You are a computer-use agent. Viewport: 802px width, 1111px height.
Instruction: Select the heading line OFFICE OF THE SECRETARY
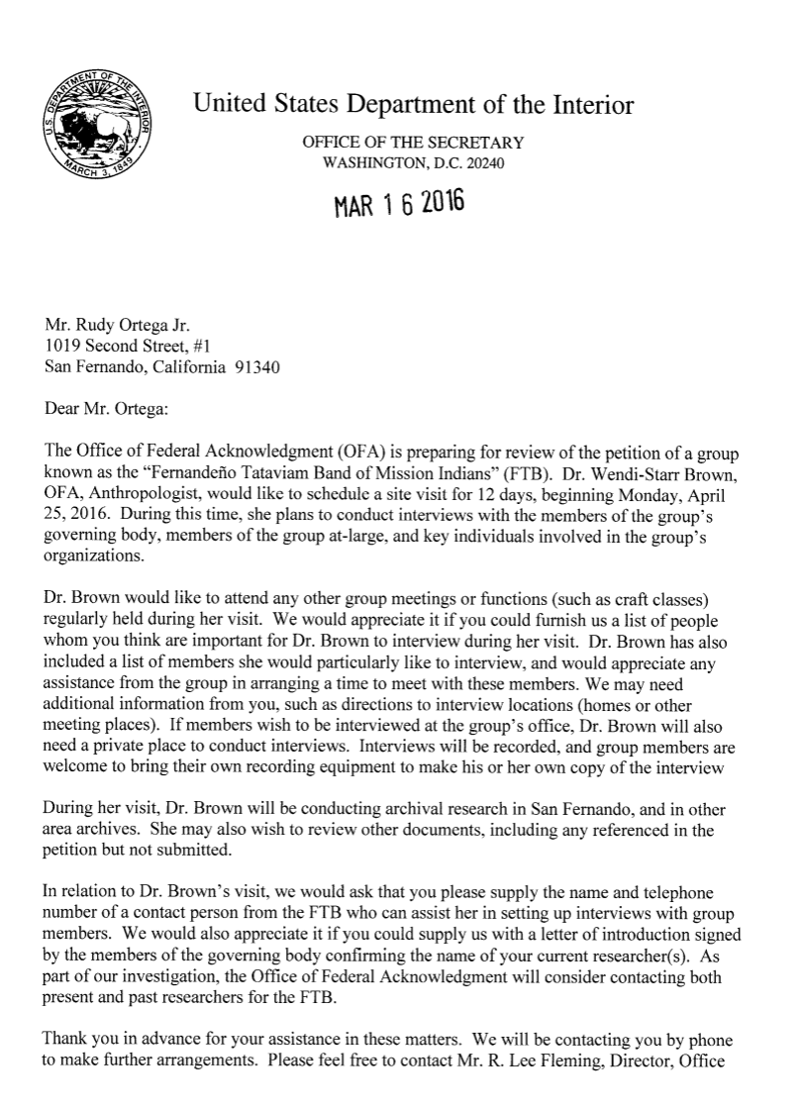click(x=413, y=143)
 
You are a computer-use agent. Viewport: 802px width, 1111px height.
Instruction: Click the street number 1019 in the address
click(x=62, y=346)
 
